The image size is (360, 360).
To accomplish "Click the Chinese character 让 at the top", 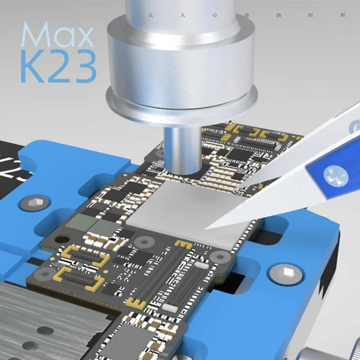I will click(x=151, y=15).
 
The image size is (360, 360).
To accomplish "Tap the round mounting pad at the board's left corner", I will click(x=46, y=274).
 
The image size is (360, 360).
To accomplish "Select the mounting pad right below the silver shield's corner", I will click(x=221, y=257).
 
